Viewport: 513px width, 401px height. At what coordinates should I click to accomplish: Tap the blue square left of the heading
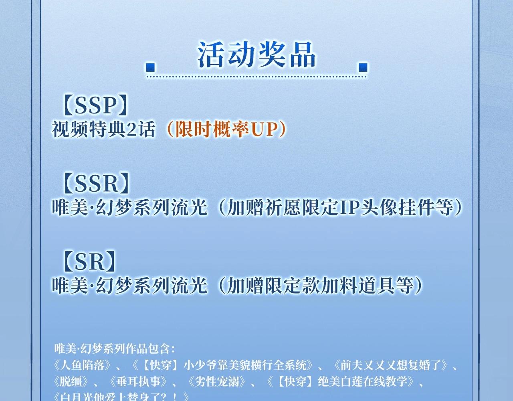pos(150,68)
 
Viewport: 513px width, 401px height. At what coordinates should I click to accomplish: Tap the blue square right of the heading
pos(363,68)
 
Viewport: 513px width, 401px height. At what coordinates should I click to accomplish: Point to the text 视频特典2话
pos(103,130)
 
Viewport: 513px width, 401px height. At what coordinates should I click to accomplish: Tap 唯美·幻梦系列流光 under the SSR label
pos(129,208)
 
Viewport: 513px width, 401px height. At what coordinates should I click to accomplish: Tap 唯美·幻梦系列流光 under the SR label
pos(129,286)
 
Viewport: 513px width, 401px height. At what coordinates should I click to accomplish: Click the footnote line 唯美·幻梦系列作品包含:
pos(115,348)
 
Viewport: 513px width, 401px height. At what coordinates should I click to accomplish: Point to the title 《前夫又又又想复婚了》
pos(392,365)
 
